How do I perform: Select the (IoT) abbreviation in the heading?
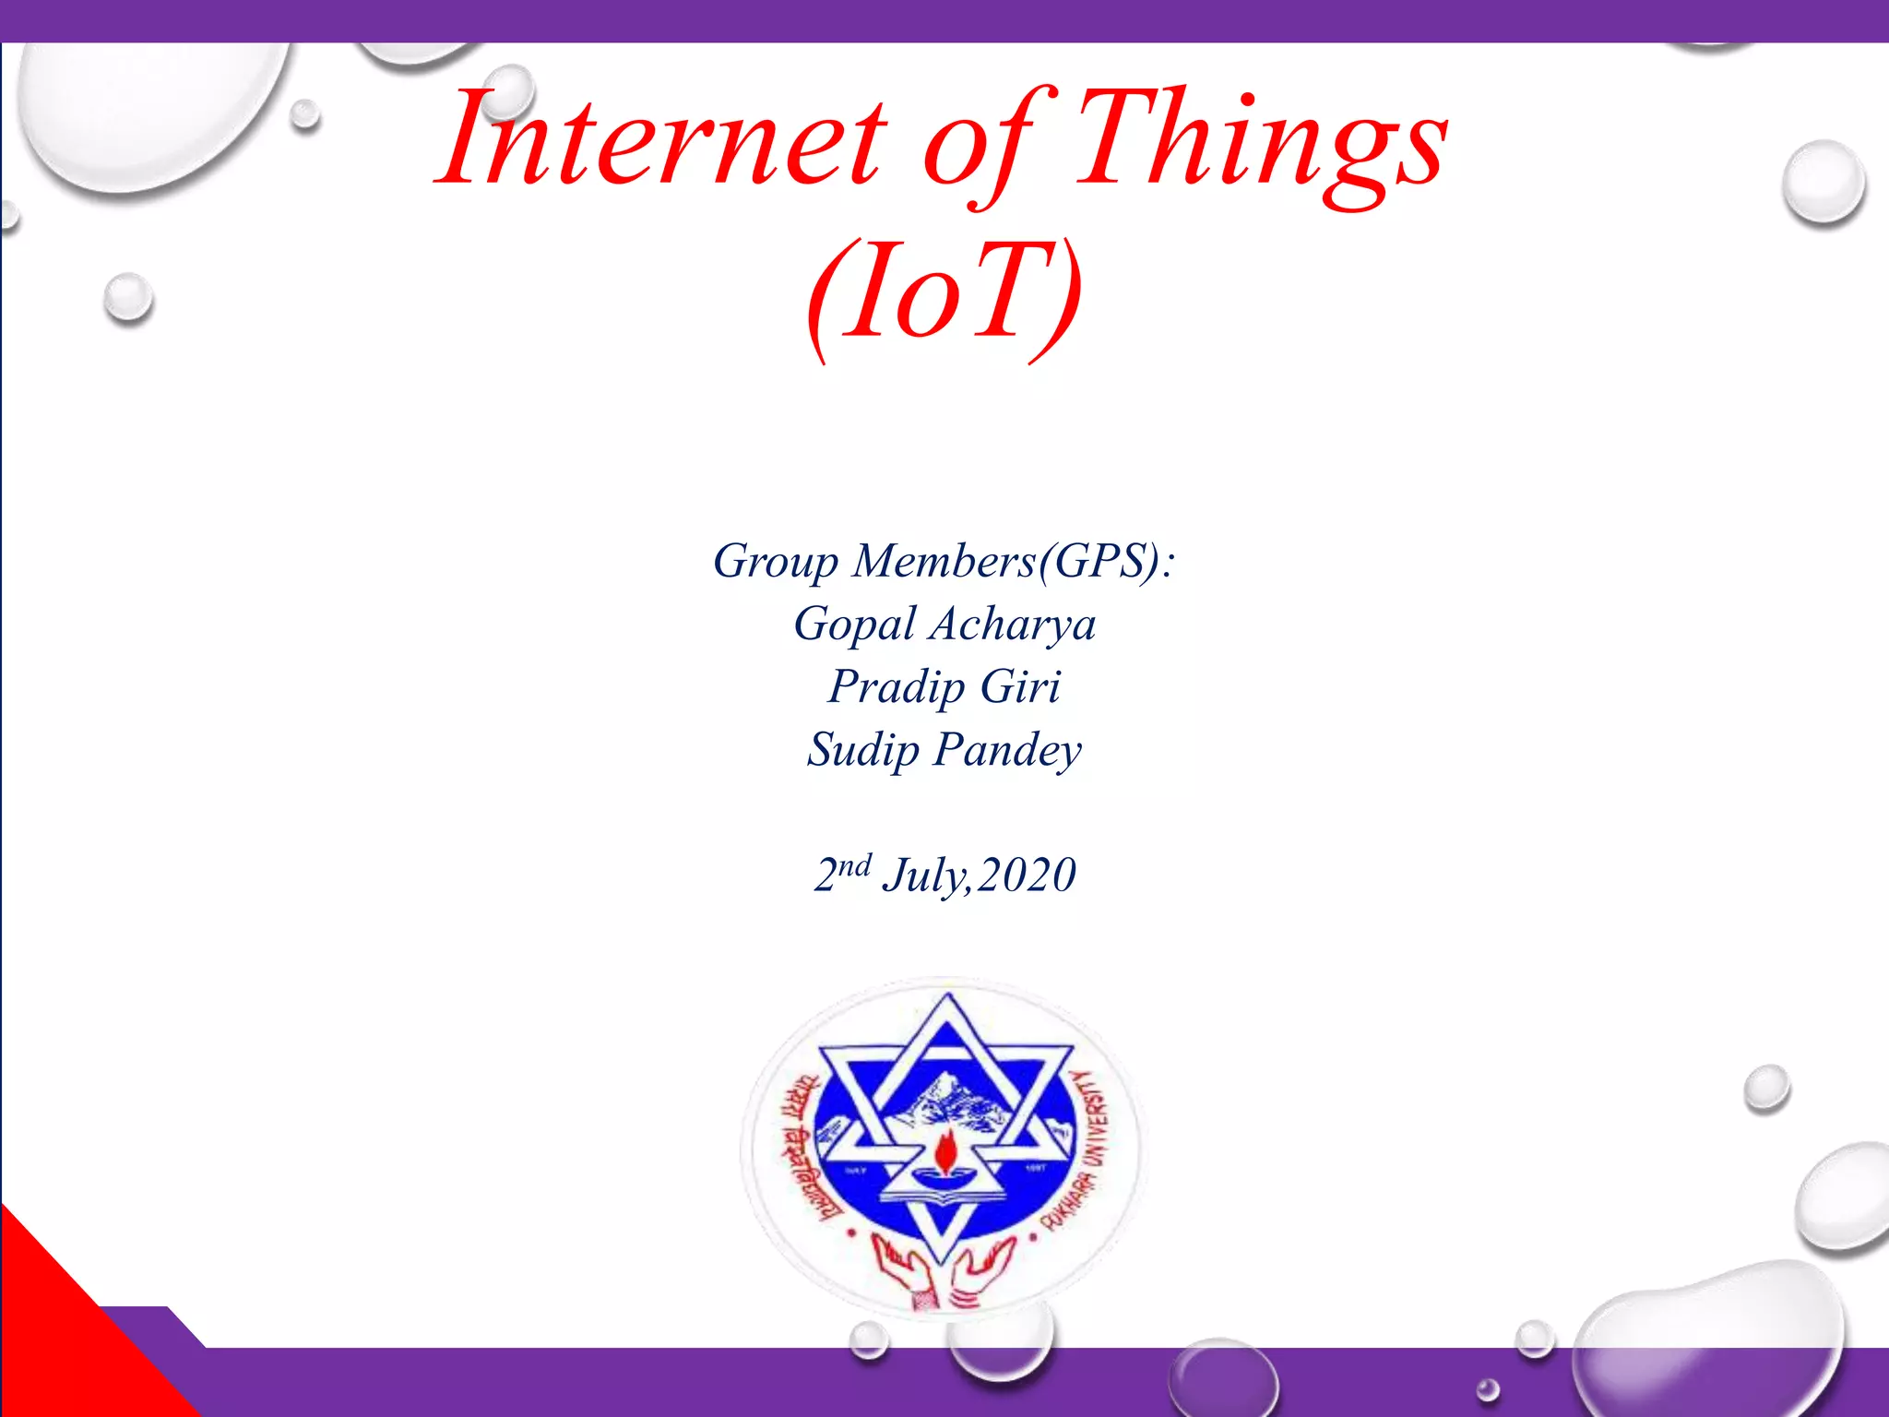(x=943, y=293)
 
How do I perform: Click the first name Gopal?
(x=855, y=625)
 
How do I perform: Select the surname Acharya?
(x=1013, y=625)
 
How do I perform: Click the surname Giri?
(x=1020, y=686)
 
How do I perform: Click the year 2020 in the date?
(x=1026, y=875)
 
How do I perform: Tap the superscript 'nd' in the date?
(x=854, y=865)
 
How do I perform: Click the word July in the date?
(x=923, y=875)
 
